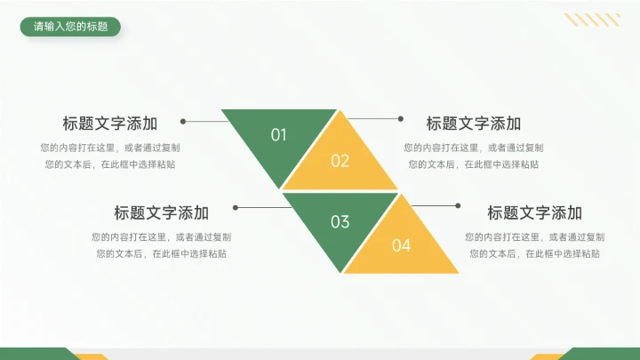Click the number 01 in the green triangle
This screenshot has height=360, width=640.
[x=279, y=135]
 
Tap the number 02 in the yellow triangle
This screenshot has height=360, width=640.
[x=340, y=161]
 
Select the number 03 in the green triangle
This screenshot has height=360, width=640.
[x=340, y=221]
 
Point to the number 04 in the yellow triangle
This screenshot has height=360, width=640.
[x=402, y=245]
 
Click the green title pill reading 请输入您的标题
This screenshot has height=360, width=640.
[x=70, y=27]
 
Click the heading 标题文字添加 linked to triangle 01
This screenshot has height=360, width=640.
[x=110, y=124]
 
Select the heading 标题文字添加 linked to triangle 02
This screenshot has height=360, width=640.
[x=474, y=124]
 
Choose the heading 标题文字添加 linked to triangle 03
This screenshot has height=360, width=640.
[x=162, y=212]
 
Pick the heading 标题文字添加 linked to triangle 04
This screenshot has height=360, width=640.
[x=535, y=212]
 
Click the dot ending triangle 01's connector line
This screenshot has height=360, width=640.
[x=183, y=121]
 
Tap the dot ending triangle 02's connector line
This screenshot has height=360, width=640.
[x=401, y=117]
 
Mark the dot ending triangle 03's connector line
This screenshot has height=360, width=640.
[x=236, y=207]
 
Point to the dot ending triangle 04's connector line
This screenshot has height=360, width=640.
[x=458, y=205]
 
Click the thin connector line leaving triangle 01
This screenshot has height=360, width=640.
[x=204, y=121]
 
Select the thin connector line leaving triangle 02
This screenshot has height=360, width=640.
[x=373, y=117]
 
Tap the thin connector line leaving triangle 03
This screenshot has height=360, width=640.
[x=262, y=207]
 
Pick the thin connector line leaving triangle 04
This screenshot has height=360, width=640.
[x=436, y=205]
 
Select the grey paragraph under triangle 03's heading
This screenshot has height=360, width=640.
[x=162, y=244]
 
